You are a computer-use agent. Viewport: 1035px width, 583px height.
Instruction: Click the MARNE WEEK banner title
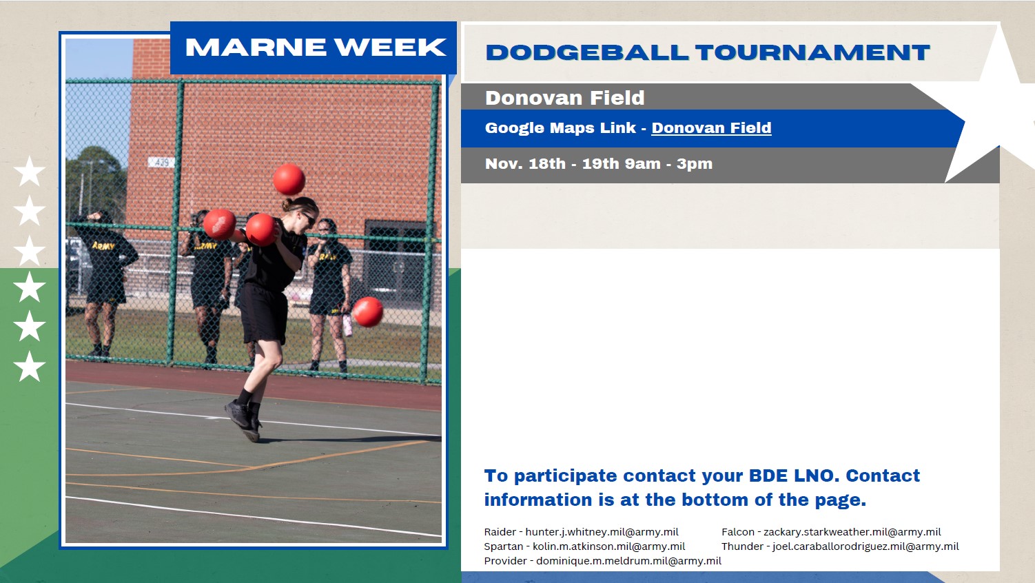[x=316, y=47]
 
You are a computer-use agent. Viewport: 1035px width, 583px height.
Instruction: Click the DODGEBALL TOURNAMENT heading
[x=708, y=52]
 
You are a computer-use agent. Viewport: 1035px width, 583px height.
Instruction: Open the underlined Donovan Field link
[x=711, y=128]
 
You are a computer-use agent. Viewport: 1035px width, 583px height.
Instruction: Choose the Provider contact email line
[x=602, y=560]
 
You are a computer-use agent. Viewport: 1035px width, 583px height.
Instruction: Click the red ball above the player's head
[x=289, y=179]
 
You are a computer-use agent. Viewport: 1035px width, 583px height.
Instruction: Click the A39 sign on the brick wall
[x=161, y=162]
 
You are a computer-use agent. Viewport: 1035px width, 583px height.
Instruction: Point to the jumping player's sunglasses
[x=309, y=218]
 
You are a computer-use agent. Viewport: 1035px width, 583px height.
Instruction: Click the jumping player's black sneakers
[x=243, y=420]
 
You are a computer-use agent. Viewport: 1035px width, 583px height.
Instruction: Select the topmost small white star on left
[x=29, y=171]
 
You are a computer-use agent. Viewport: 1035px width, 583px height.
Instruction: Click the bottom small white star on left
[x=29, y=367]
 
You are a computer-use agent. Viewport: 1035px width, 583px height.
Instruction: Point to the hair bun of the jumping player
[x=286, y=204]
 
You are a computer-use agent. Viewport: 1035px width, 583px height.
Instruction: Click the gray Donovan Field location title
[x=564, y=97]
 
